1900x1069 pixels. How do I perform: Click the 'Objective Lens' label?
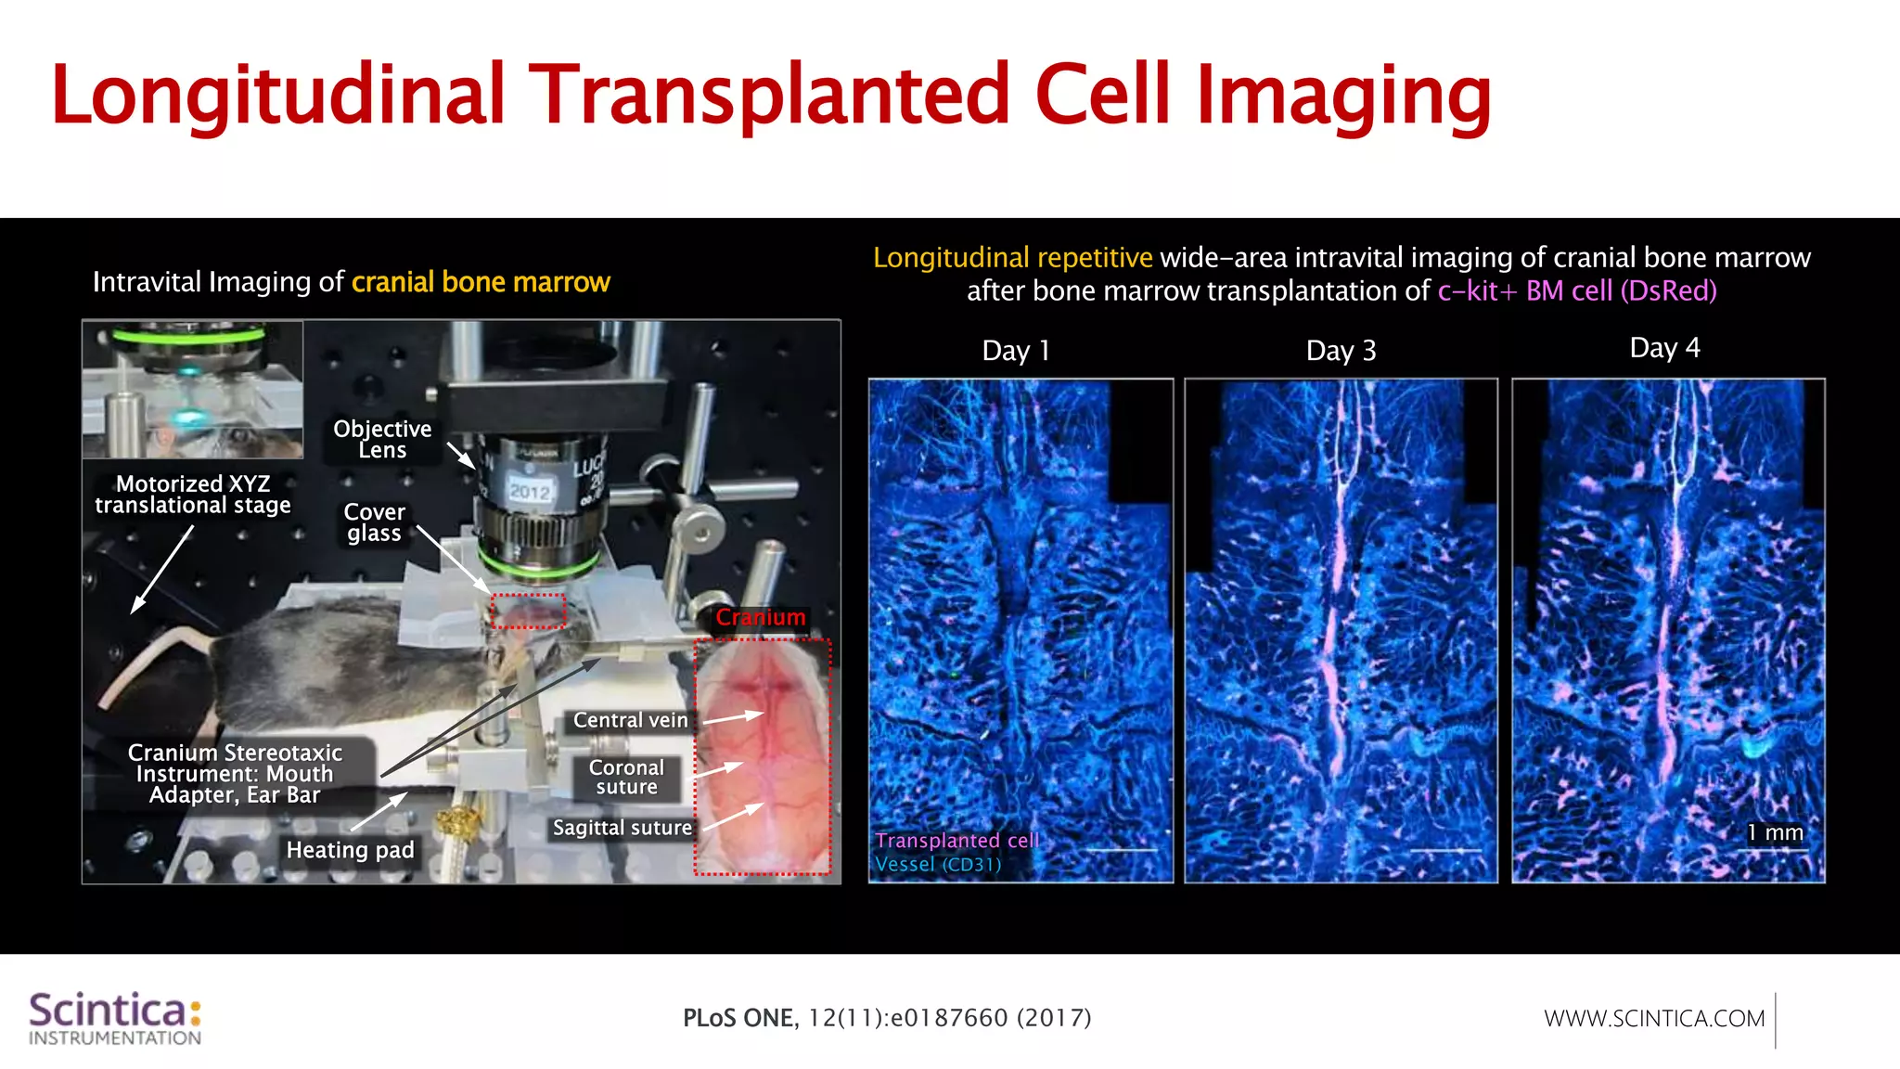click(x=382, y=439)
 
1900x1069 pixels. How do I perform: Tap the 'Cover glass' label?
click(x=374, y=522)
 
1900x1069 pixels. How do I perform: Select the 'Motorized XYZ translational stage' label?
click(x=193, y=495)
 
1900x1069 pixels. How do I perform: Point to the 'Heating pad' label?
click(x=350, y=850)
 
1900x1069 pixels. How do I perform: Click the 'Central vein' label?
click(x=630, y=720)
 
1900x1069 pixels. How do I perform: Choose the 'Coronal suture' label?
click(x=626, y=778)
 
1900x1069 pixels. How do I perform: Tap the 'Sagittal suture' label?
click(x=622, y=828)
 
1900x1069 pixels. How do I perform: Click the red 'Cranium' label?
click(x=760, y=617)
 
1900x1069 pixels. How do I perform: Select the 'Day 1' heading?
click(x=1016, y=351)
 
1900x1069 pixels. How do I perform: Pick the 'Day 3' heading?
click(x=1341, y=351)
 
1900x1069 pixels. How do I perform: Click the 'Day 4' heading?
click(x=1664, y=348)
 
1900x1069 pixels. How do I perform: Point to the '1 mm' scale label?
click(x=1775, y=832)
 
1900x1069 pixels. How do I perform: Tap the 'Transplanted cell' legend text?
click(x=956, y=841)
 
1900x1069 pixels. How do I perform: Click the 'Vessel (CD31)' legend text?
click(x=938, y=865)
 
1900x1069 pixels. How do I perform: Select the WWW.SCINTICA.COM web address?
click(x=1654, y=1019)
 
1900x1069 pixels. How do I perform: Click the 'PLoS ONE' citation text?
click(x=738, y=1018)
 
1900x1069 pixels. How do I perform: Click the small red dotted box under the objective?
click(x=528, y=612)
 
